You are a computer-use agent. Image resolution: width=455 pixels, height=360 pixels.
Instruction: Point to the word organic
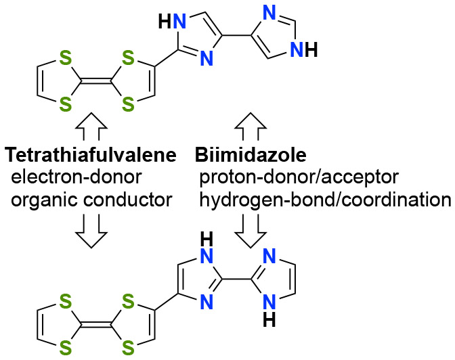click(41, 200)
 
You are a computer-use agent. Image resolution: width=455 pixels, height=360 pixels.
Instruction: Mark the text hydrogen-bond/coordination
click(325, 200)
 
